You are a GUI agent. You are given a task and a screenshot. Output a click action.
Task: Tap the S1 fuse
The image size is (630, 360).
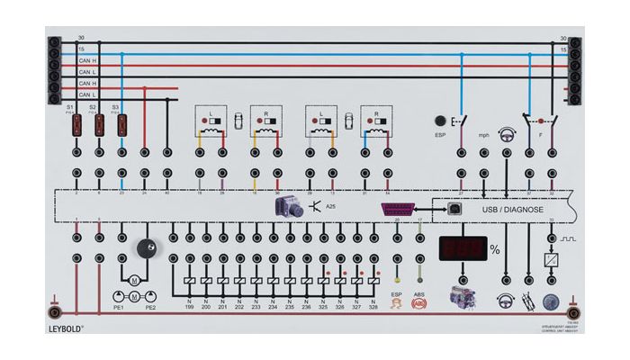click(76, 125)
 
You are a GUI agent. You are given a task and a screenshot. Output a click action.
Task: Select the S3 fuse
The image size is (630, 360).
click(121, 125)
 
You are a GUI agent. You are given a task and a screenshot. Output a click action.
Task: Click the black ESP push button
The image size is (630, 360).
click(441, 121)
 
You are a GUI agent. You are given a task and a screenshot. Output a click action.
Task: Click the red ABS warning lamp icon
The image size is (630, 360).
click(418, 304)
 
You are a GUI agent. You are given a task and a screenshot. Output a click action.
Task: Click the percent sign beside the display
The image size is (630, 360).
click(494, 249)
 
